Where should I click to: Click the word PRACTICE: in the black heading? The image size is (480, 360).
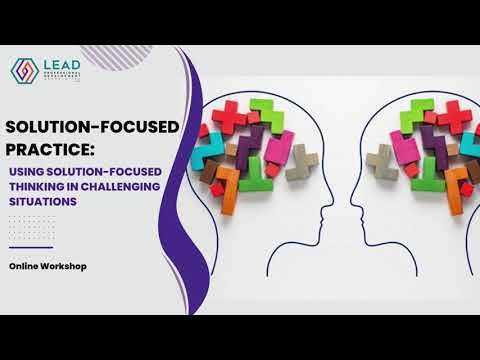click(50, 150)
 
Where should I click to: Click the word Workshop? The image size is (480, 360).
click(70, 268)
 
